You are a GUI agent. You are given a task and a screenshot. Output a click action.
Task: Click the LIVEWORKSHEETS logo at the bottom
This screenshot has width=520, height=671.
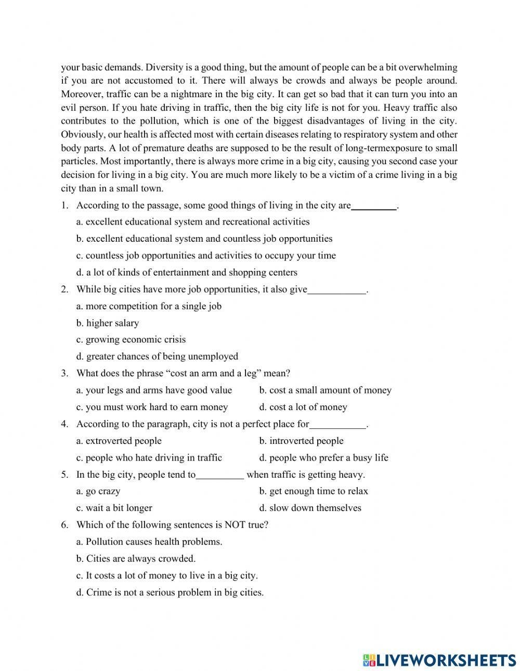click(439, 660)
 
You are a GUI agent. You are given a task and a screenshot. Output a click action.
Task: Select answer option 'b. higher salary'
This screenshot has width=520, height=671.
click(108, 323)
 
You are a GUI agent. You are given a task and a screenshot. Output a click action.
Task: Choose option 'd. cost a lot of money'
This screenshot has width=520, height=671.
click(303, 407)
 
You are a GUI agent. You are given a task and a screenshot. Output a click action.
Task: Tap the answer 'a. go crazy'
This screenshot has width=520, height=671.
click(98, 491)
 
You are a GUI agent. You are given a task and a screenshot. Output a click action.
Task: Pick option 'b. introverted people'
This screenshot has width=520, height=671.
click(302, 441)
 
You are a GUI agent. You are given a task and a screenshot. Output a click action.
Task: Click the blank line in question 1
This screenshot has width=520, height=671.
click(374, 207)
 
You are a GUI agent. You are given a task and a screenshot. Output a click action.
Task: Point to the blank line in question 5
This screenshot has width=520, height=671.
click(219, 476)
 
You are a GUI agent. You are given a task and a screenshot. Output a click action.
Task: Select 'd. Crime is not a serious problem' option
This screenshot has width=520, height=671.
click(170, 592)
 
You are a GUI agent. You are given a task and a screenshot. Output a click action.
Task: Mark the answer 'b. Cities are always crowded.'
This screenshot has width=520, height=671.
click(136, 559)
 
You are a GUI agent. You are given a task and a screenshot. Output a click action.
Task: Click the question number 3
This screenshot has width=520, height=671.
click(64, 373)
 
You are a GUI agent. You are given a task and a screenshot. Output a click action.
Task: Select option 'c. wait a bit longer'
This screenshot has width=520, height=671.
click(114, 508)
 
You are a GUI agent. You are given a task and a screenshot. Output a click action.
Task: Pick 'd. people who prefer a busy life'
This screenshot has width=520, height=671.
click(324, 457)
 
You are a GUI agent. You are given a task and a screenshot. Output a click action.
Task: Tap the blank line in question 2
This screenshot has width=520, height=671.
click(337, 291)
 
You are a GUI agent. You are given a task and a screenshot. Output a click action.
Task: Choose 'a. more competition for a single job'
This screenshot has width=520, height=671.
click(149, 306)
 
